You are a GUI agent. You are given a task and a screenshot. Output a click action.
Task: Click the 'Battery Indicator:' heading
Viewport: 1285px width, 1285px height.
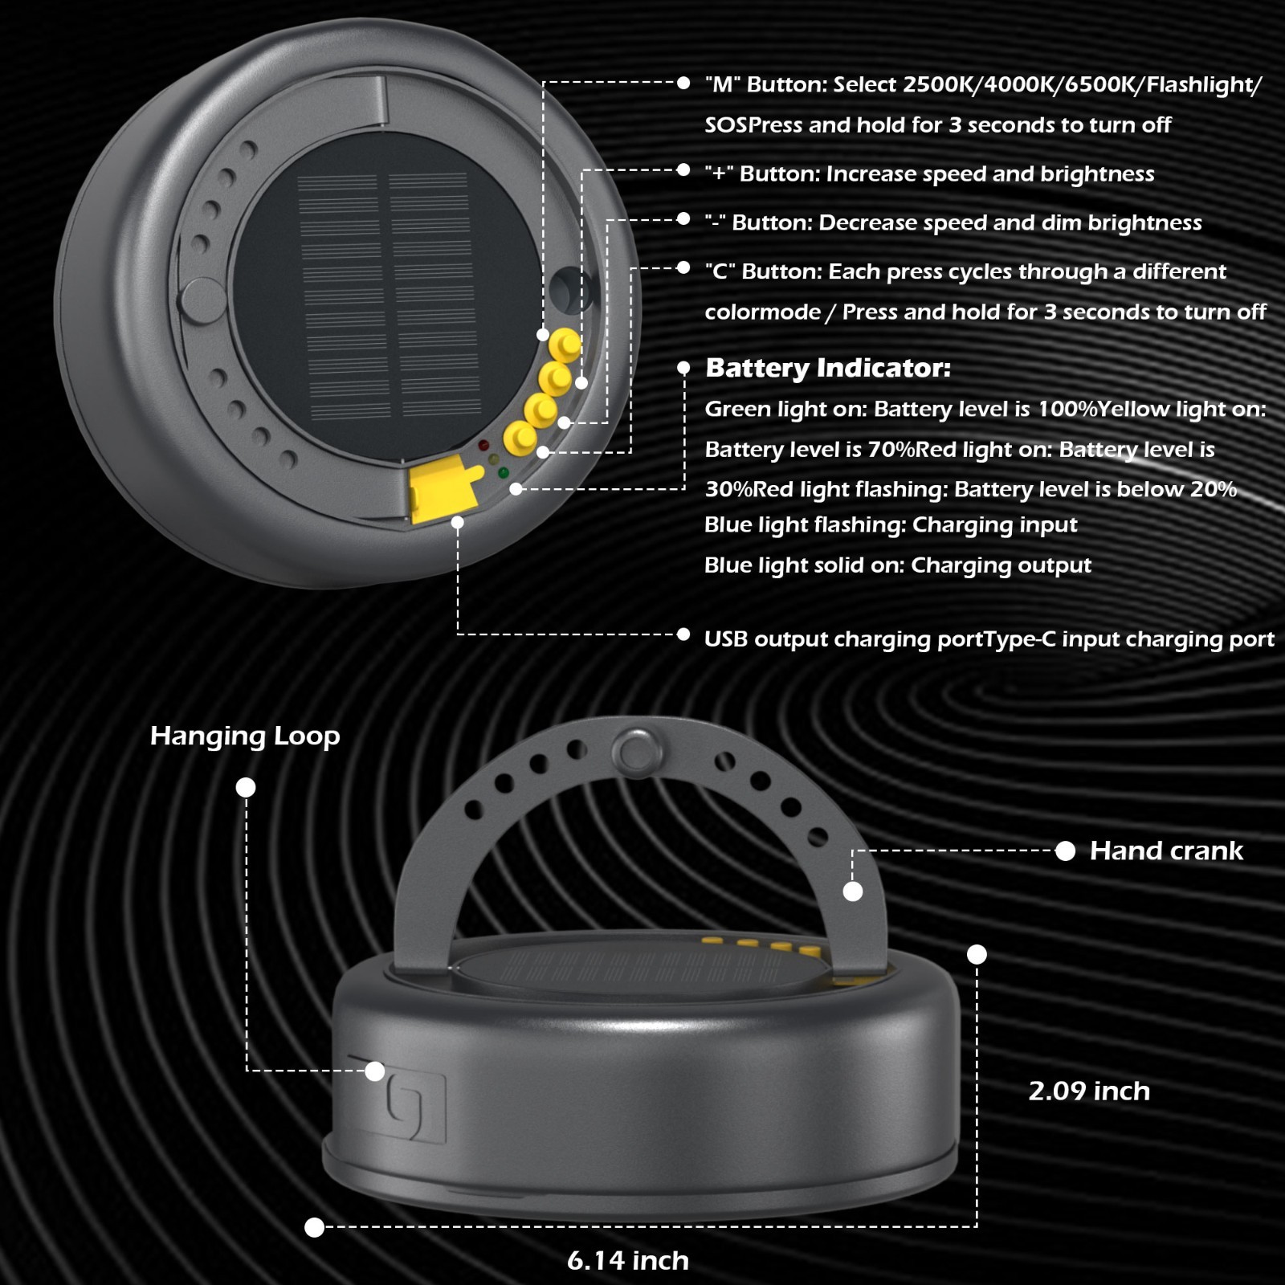coord(828,368)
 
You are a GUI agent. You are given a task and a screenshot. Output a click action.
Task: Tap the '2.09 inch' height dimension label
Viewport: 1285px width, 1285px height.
coord(1089,1091)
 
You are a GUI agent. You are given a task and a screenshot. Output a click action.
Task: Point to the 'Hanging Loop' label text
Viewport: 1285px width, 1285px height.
coord(245,736)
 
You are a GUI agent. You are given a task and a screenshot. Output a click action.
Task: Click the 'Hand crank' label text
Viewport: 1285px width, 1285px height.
coord(1166,851)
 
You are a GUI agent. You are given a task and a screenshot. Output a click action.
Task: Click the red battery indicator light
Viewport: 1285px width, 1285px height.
coord(483,445)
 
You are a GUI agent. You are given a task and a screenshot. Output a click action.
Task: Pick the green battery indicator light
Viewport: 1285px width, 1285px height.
coord(504,473)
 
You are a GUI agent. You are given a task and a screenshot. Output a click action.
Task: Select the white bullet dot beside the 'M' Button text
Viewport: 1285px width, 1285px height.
coord(683,83)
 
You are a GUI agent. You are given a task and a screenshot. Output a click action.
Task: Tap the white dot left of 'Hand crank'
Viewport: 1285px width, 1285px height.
coord(1065,851)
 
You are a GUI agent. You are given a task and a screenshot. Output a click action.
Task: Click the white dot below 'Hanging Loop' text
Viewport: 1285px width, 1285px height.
coord(246,788)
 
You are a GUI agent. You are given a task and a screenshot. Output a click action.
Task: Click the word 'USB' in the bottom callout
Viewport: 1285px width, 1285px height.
coord(726,639)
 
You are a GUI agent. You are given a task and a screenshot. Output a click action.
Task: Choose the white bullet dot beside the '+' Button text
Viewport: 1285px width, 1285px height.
coord(683,170)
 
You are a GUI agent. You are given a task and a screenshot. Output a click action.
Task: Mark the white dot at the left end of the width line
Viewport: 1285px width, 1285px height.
coord(315,1227)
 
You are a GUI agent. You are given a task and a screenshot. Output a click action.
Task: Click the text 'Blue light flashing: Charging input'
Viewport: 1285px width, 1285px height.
coord(891,525)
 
